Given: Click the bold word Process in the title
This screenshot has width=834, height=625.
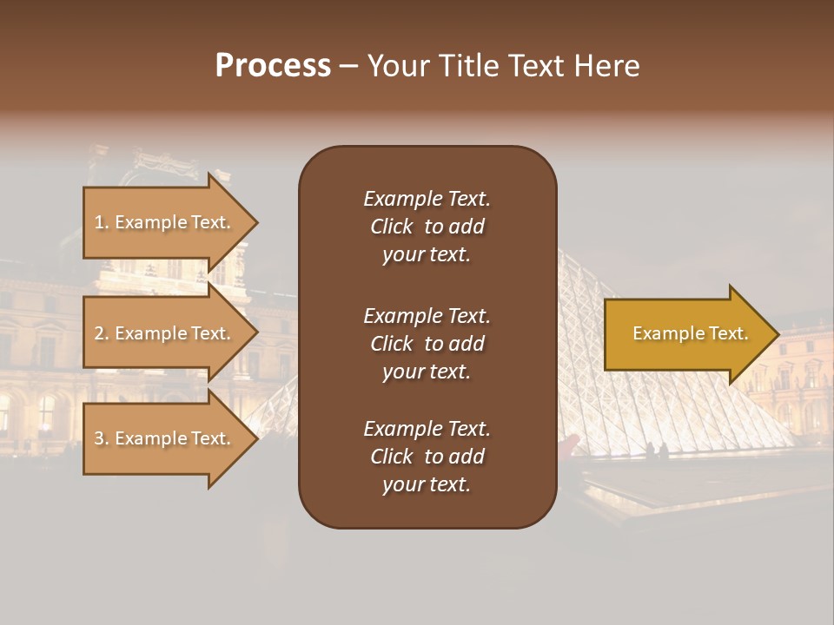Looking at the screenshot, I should [x=273, y=66].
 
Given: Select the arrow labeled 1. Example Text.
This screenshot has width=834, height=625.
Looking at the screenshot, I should [x=165, y=222].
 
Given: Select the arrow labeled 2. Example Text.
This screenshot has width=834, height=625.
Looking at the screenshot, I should [x=165, y=333].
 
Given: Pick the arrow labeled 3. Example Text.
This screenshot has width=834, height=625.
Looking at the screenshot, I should [x=165, y=438].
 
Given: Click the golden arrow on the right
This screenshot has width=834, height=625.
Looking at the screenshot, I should [x=686, y=334].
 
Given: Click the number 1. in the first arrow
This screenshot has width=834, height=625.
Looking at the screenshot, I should [x=102, y=222].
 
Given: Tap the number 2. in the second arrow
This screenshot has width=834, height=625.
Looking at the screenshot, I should [x=102, y=333].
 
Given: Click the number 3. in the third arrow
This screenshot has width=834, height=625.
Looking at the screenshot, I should [x=102, y=438].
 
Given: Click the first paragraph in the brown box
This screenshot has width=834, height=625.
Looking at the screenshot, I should [x=427, y=227].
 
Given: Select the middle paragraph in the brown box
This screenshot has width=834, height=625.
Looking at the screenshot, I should [x=427, y=344].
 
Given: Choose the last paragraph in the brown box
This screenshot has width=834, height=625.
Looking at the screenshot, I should [x=427, y=457].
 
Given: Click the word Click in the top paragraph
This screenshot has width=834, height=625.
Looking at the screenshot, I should [x=392, y=227].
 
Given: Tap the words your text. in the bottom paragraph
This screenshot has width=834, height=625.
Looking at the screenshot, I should [x=427, y=485].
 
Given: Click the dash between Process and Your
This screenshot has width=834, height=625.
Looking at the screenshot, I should [x=349, y=67].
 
